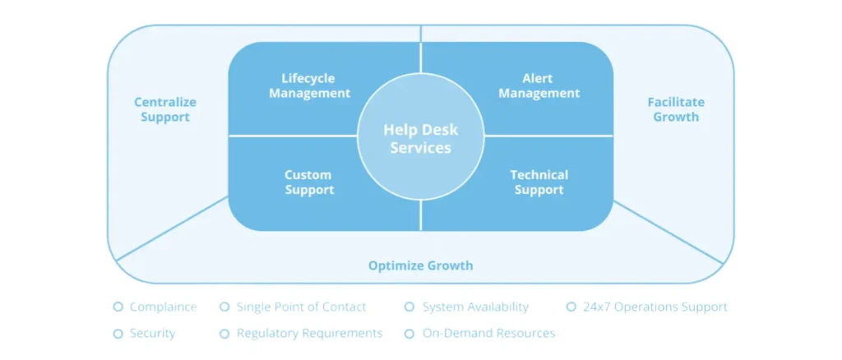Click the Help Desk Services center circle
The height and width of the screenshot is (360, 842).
(421, 136)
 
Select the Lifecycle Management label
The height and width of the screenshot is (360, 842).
(309, 85)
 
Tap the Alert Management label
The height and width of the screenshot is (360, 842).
(539, 85)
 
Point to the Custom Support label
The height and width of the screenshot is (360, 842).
(309, 182)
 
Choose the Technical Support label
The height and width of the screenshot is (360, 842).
(539, 182)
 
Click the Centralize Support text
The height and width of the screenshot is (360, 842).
(164, 109)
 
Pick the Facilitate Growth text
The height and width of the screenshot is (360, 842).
(676, 109)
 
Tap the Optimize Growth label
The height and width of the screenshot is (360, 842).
(420, 265)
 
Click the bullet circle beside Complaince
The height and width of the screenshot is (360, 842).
(118, 307)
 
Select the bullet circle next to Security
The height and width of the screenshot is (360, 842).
(118, 334)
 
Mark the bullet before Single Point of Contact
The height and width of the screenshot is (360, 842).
(224, 307)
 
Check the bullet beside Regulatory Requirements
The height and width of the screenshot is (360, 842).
(224, 334)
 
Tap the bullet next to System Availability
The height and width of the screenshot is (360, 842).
(409, 307)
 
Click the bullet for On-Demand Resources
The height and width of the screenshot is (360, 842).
(409, 334)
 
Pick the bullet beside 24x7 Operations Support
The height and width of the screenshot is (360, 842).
(571, 307)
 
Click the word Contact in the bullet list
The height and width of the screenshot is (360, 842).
(345, 307)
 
